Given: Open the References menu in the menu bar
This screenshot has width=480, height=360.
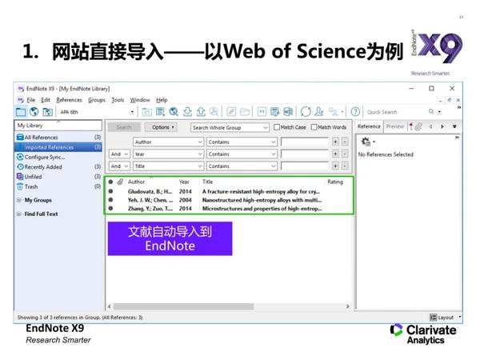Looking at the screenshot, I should (x=69, y=100).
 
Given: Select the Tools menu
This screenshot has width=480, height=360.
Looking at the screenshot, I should (x=118, y=100).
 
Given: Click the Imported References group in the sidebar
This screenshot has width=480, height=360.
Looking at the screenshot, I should (x=49, y=147).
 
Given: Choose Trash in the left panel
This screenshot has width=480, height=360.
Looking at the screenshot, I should (x=32, y=186).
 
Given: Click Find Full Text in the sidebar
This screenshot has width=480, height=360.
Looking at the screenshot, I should (x=41, y=214).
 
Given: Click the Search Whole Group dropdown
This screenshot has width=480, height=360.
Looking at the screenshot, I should (x=230, y=127).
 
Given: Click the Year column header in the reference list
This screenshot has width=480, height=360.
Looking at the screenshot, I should (x=184, y=182).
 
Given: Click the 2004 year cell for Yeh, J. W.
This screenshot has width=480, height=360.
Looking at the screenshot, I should (x=185, y=200).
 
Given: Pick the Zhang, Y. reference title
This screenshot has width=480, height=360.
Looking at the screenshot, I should (x=262, y=209).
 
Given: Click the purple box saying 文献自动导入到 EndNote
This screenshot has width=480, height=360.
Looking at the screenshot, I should (x=170, y=238).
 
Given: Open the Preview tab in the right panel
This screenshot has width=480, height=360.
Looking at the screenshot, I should (x=394, y=126).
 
